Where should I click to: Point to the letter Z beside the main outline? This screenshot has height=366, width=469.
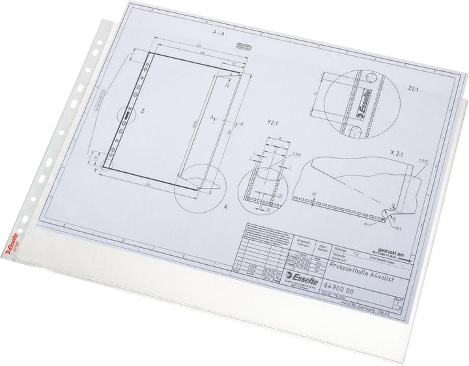tap(142, 112)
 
